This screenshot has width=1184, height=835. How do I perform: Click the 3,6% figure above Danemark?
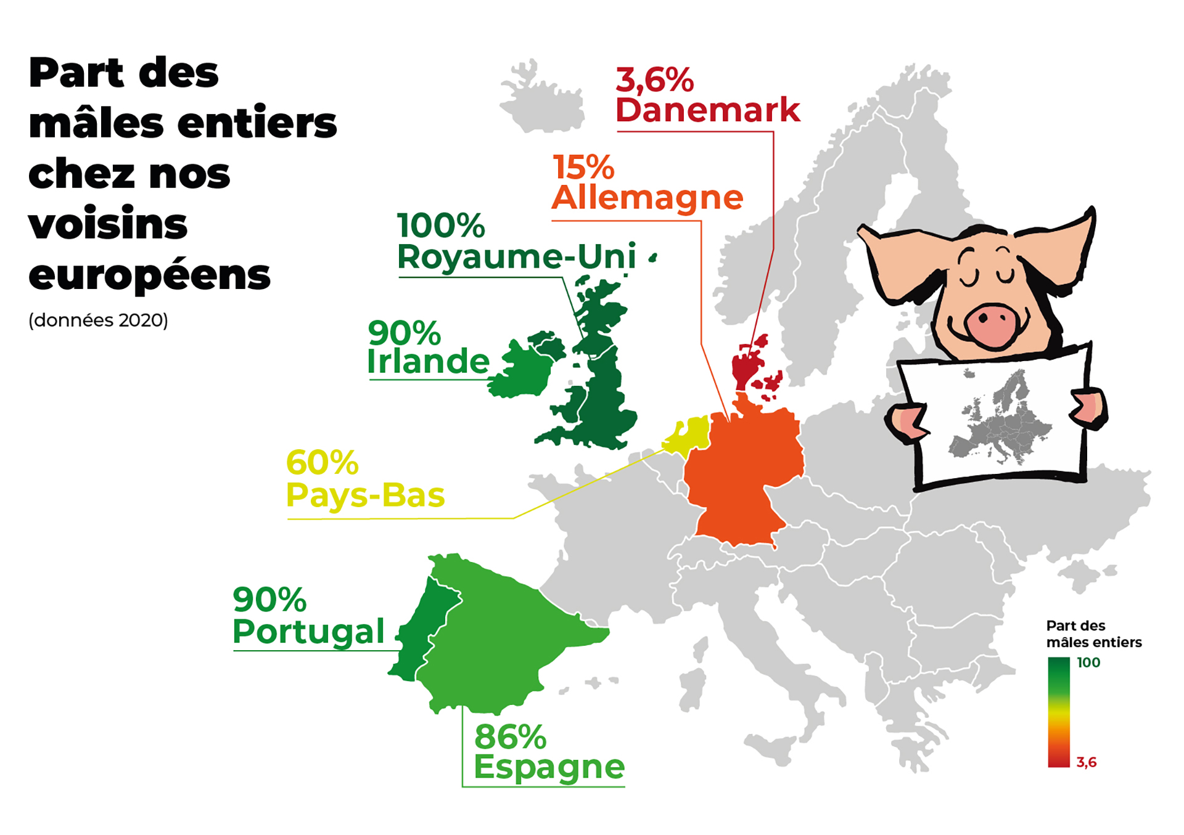click(x=654, y=80)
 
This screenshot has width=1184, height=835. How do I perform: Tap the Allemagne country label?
click(x=647, y=198)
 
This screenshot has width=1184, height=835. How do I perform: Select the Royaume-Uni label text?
click(x=516, y=256)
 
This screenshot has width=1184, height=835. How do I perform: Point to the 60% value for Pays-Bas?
click(x=322, y=462)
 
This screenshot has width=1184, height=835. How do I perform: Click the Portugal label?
click(x=308, y=631)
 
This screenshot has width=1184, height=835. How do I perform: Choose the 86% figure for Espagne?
click(x=510, y=736)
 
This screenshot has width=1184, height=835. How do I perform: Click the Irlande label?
click(x=428, y=361)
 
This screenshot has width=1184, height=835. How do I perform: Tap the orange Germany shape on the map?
click(x=743, y=475)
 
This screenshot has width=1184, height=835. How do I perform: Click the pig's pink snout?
click(x=990, y=324)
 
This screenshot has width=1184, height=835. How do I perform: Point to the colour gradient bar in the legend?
click(x=1058, y=712)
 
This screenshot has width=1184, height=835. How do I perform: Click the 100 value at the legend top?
click(x=1088, y=662)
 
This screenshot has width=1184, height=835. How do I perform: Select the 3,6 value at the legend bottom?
click(x=1087, y=762)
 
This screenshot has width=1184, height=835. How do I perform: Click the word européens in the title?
click(x=149, y=275)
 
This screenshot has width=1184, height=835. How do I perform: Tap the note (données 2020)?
click(x=98, y=320)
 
